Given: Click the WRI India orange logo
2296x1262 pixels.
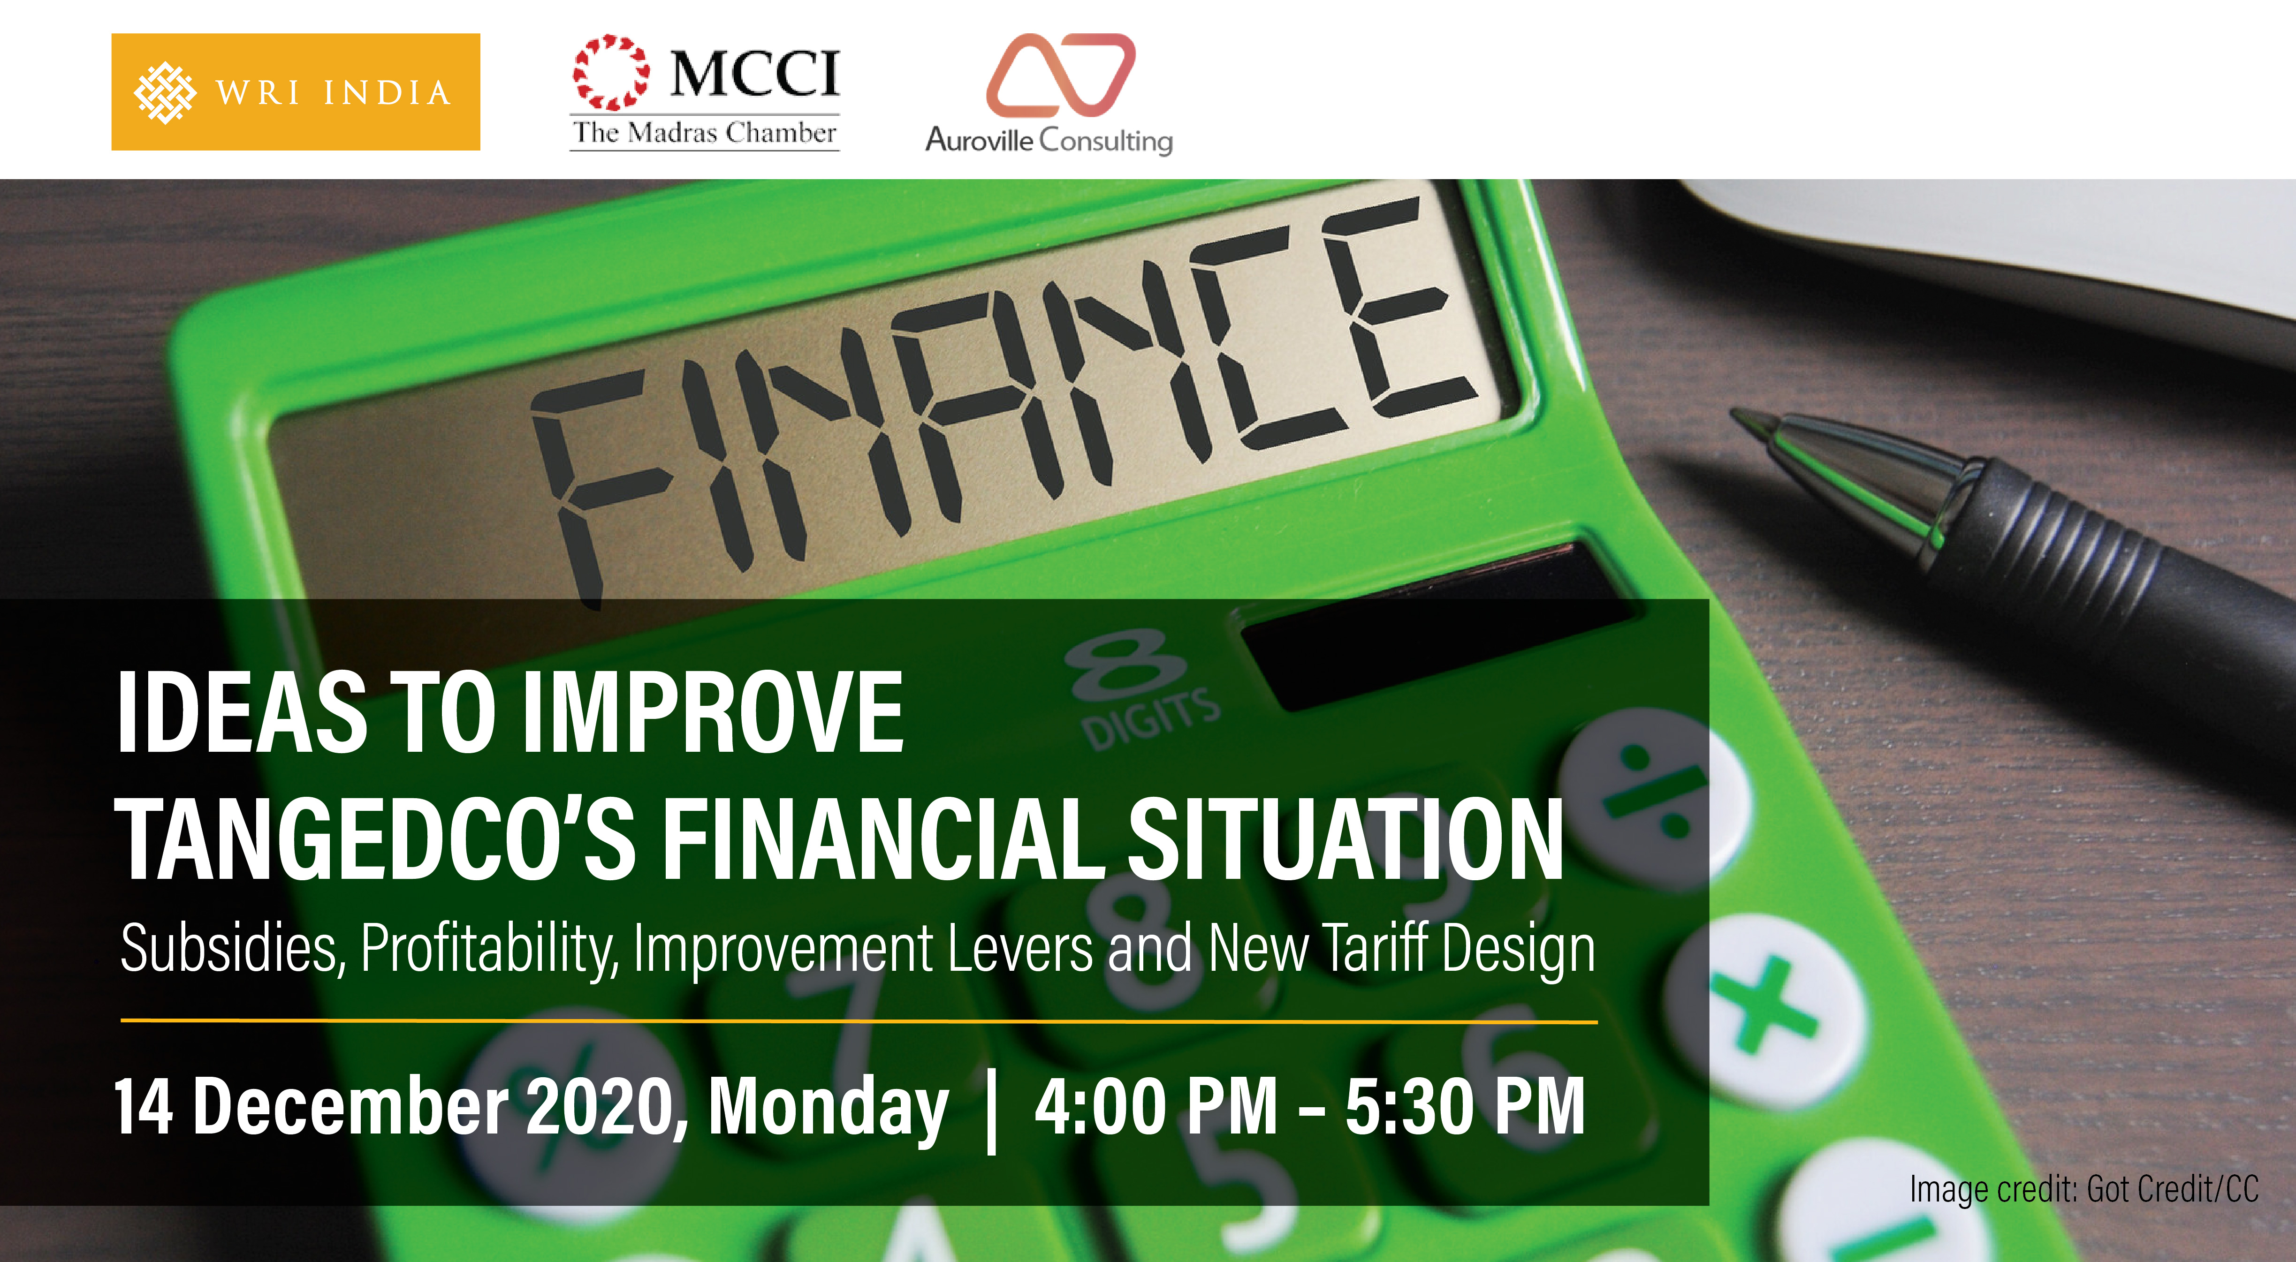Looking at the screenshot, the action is [x=295, y=92].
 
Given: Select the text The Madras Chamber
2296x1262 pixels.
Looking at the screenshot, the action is [x=704, y=133].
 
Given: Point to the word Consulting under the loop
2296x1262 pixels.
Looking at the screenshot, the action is [x=1106, y=141].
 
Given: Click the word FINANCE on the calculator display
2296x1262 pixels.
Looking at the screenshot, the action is [x=1003, y=392].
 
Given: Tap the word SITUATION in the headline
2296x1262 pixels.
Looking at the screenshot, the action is [x=1346, y=839].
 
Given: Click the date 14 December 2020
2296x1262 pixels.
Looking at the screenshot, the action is [x=396, y=1106].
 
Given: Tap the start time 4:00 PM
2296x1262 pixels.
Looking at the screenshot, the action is [x=1156, y=1106].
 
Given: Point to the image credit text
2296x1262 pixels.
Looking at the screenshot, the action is [x=2084, y=1189].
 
